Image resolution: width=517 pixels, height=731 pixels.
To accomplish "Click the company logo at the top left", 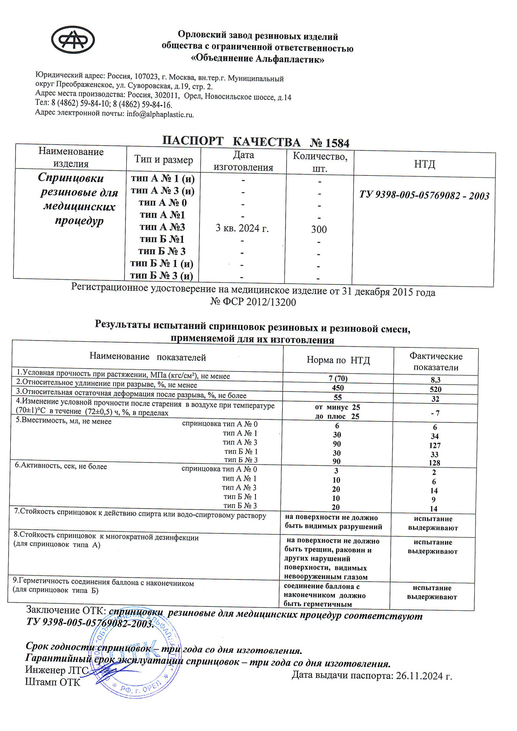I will pyautogui.click(x=73, y=40).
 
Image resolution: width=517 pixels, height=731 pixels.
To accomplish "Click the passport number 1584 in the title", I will pyautogui.click(x=338, y=143).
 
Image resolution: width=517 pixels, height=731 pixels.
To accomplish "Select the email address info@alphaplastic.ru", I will pyautogui.click(x=160, y=114).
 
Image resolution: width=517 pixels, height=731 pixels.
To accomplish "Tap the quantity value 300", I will pyautogui.click(x=319, y=229).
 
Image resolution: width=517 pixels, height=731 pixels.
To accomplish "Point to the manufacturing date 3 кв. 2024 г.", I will pyautogui.click(x=242, y=228).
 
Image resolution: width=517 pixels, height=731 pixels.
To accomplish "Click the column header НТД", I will pyautogui.click(x=424, y=164).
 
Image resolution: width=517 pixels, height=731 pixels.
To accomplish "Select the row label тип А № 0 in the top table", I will pyautogui.click(x=162, y=203).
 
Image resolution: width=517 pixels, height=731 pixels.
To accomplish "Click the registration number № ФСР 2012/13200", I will pyautogui.click(x=253, y=302).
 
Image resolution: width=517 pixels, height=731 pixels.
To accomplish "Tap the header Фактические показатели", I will pyautogui.click(x=436, y=362).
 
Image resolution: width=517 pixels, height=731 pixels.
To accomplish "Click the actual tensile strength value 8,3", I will pyautogui.click(x=435, y=380).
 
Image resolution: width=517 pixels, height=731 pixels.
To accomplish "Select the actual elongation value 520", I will pyautogui.click(x=435, y=389).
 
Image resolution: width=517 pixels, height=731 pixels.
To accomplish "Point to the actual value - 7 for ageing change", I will pyautogui.click(x=435, y=413).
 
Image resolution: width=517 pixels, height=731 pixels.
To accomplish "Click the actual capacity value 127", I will pyautogui.click(x=435, y=445).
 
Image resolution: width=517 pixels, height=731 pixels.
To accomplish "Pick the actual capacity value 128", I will pyautogui.click(x=434, y=463).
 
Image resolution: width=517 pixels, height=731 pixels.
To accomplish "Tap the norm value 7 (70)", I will pyautogui.click(x=338, y=378).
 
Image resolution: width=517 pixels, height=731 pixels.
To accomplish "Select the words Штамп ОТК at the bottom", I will pyautogui.click(x=53, y=682).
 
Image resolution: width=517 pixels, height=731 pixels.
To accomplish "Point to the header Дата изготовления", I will pyautogui.click(x=243, y=161).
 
